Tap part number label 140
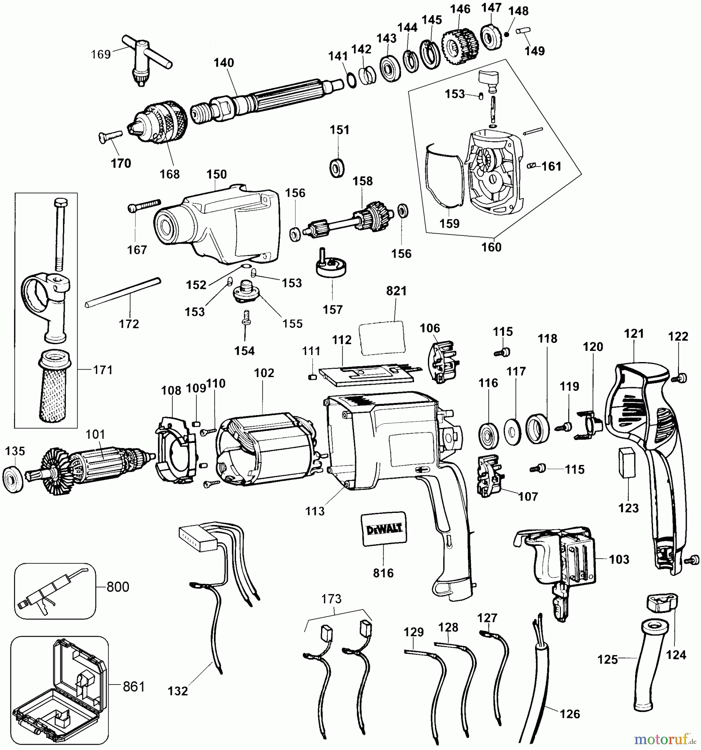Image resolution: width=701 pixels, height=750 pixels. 224,63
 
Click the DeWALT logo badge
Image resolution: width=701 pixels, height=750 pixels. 384,529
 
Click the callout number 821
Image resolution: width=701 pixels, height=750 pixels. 396,291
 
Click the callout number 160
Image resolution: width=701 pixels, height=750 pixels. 491,247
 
